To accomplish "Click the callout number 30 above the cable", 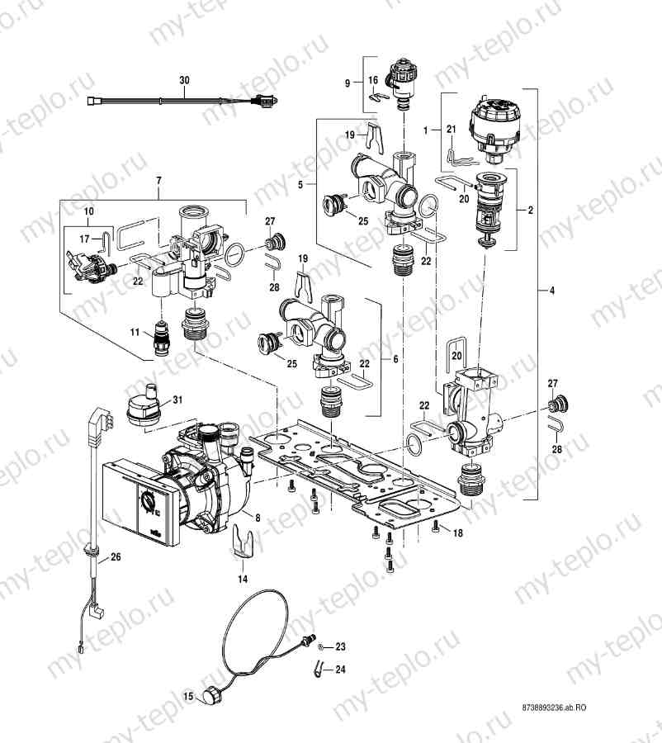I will coord(184,81).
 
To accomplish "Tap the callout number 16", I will coord(373,80).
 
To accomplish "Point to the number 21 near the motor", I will coord(451,130).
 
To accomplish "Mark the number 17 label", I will coord(85,239).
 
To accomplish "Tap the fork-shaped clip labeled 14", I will coord(243,542).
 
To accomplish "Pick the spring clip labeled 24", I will coord(320,668).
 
